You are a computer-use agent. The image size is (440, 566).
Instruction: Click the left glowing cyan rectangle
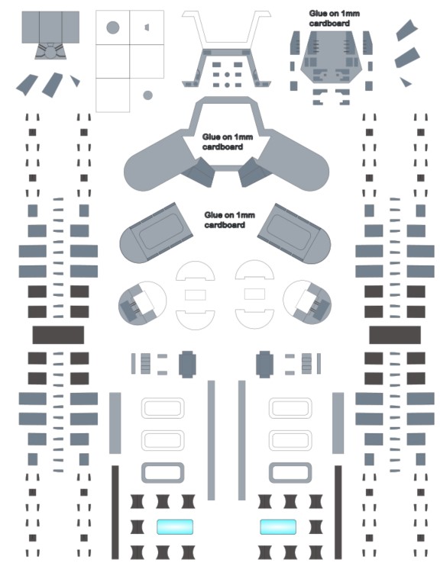pos(175,526)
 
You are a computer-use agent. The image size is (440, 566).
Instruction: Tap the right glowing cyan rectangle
pos(278,526)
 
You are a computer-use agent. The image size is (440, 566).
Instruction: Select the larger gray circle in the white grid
pos(113,27)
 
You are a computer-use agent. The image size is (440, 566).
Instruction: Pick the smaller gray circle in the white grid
pos(147,95)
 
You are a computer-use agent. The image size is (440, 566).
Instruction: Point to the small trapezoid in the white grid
pos(147,27)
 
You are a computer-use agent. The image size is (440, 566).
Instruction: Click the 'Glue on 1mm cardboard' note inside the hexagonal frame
pos(228,142)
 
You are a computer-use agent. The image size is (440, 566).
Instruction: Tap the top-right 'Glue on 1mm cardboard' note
pos(334,18)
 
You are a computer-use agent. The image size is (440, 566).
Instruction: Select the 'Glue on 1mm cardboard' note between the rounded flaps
pos(230,220)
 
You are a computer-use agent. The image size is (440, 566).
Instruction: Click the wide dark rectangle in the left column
pos(58,335)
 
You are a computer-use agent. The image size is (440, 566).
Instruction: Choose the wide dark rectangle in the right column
pos(395,335)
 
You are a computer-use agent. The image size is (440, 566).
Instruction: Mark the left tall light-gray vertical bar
pos(115,423)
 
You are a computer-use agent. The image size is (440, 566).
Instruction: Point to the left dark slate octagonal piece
pos(187,364)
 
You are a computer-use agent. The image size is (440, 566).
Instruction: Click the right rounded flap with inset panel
pos(293,233)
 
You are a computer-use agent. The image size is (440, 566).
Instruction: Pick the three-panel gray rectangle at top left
pos(50,27)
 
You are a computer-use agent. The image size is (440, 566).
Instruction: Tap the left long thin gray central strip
pos(211,440)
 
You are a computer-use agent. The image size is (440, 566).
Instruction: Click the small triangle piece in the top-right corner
pos(406,82)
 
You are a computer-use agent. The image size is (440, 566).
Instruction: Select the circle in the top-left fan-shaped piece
pos(50,53)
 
